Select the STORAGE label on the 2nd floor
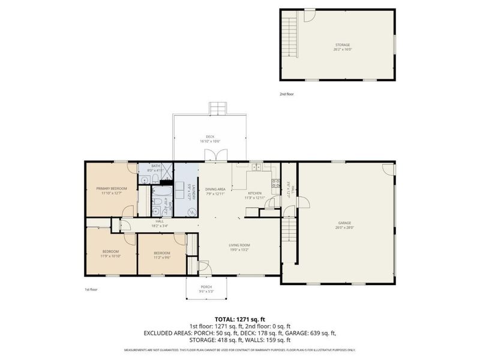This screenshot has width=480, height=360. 343,45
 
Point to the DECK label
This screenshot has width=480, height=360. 210,137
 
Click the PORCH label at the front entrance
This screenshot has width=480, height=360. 206,286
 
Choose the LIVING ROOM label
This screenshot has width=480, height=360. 239,245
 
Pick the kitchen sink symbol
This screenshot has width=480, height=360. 255,167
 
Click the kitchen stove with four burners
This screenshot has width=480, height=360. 275,184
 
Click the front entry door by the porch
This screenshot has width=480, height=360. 204,266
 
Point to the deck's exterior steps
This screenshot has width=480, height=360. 217,109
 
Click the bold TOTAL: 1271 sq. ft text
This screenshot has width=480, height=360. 240,319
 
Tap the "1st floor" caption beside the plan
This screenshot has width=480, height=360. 91,289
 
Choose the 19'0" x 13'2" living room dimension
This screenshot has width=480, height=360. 239,250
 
